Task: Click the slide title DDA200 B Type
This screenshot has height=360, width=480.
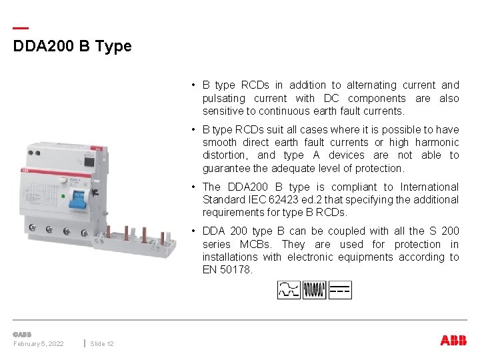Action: tap(73, 47)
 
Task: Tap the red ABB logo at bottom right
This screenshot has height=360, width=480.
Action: tap(453, 340)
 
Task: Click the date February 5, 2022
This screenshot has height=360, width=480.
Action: tap(39, 343)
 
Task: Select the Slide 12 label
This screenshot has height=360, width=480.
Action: tap(102, 343)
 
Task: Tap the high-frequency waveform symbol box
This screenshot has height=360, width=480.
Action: tap(314, 290)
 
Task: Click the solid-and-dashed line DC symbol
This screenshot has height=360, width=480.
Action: tap(339, 290)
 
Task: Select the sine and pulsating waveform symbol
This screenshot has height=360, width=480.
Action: tap(289, 290)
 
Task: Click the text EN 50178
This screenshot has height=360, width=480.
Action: tap(227, 270)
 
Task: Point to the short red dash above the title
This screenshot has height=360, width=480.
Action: tap(21, 28)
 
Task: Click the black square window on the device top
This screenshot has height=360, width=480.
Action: tap(89, 160)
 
